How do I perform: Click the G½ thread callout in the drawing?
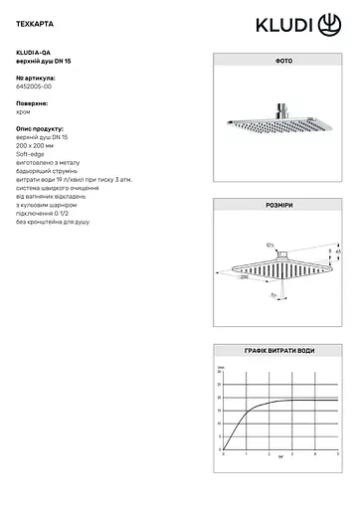click(x=270, y=244)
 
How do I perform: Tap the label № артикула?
click(x=36, y=77)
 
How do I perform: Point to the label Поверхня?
click(x=32, y=102)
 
